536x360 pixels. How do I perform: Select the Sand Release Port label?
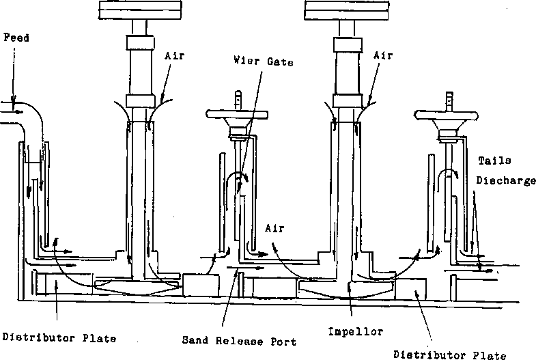pyautogui.click(x=239, y=340)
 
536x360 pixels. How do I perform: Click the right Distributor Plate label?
pyautogui.click(x=451, y=354)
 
